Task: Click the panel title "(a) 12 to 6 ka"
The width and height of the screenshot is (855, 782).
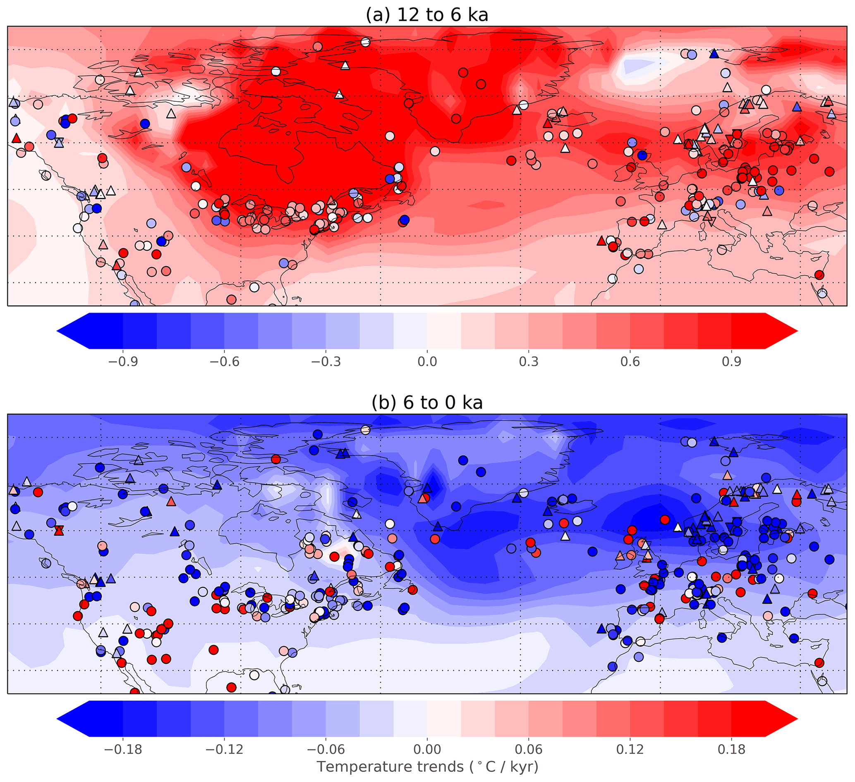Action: click(x=427, y=15)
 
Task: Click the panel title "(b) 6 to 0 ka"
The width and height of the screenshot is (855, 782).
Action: click(x=427, y=403)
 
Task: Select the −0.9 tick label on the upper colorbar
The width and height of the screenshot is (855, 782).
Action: click(x=122, y=361)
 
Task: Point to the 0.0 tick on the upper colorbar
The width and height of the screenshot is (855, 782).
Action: click(x=427, y=361)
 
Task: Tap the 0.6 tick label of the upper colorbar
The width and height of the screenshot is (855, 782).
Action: click(x=630, y=361)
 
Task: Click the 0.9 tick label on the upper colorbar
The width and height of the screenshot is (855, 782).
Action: click(x=732, y=361)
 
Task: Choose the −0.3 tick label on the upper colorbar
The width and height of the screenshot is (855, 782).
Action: click(x=326, y=361)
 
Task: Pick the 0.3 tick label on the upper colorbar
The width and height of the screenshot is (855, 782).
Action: click(x=529, y=361)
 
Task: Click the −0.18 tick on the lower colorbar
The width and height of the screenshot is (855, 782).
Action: click(x=122, y=749)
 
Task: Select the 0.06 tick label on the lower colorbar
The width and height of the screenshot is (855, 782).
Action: click(x=529, y=749)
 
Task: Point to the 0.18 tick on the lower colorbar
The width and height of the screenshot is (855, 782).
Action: click(x=732, y=749)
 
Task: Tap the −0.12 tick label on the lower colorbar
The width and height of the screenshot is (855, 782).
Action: click(x=224, y=749)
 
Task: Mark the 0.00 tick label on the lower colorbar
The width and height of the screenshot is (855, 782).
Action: click(x=427, y=749)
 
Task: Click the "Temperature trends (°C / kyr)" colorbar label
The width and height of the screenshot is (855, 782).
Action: click(x=427, y=767)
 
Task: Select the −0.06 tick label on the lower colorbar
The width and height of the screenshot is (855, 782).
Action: click(x=326, y=749)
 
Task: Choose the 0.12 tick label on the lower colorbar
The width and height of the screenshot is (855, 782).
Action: click(x=630, y=749)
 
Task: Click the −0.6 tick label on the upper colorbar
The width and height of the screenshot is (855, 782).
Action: click(x=224, y=361)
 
